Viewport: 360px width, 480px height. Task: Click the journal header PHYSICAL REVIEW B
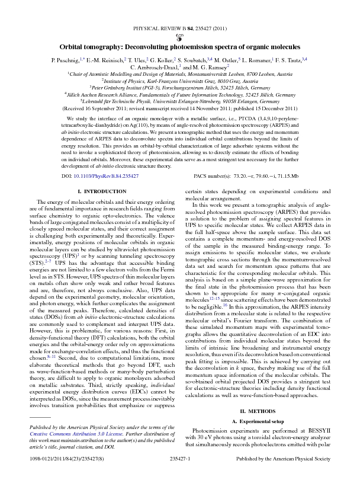click(159, 27)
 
